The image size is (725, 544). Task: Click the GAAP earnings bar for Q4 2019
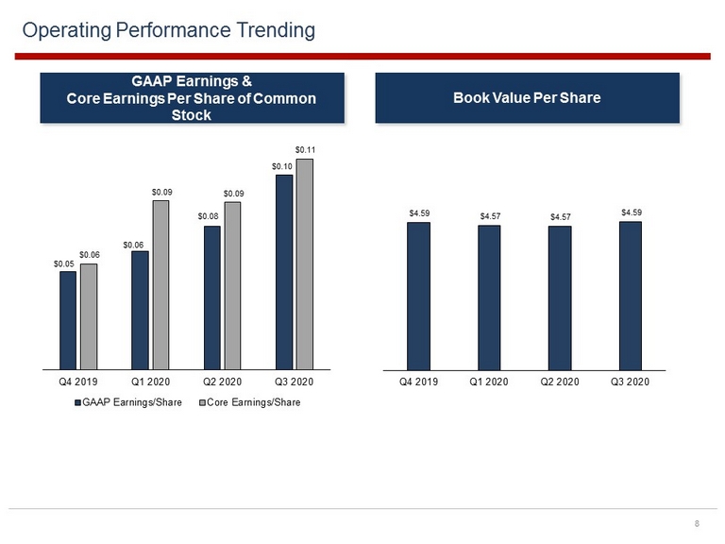pyautogui.click(x=68, y=320)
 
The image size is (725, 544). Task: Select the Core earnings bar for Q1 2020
pyautogui.click(x=160, y=285)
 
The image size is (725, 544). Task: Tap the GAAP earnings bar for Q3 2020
pyautogui.click(x=284, y=272)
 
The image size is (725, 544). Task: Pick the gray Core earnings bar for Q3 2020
pyautogui.click(x=305, y=264)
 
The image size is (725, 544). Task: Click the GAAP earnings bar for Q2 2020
pyautogui.click(x=212, y=297)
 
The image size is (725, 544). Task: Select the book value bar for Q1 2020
pyautogui.click(x=489, y=297)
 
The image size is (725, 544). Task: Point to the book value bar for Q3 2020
pyautogui.click(x=631, y=296)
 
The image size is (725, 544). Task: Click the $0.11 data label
pyautogui.click(x=305, y=150)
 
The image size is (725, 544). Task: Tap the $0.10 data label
pyautogui.click(x=282, y=166)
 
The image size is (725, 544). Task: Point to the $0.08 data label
pyautogui.click(x=208, y=216)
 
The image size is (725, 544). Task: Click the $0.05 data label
pyautogui.click(x=64, y=264)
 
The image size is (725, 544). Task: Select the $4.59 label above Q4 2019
pyautogui.click(x=419, y=213)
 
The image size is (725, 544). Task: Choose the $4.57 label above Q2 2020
pyautogui.click(x=561, y=217)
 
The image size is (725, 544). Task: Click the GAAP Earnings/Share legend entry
pyautogui.click(x=128, y=402)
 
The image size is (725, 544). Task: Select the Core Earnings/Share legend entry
pyautogui.click(x=249, y=402)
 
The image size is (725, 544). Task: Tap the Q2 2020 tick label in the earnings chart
pyautogui.click(x=223, y=382)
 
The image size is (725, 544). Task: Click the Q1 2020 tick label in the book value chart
pyautogui.click(x=489, y=382)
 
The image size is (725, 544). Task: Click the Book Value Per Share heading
pyautogui.click(x=527, y=98)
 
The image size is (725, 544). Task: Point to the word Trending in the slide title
pyautogui.click(x=276, y=30)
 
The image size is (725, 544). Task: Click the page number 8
pyautogui.click(x=697, y=523)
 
